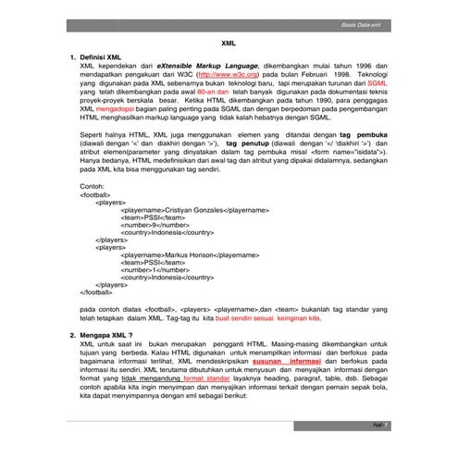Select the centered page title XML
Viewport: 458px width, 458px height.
pos(229,43)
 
